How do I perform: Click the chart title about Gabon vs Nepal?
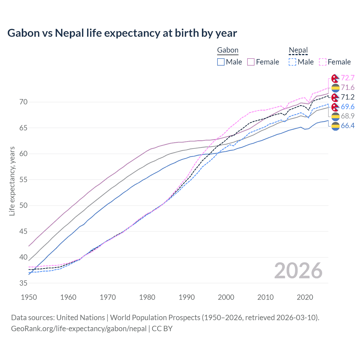(122, 33)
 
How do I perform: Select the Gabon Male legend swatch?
(221, 62)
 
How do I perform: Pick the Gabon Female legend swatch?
(251, 62)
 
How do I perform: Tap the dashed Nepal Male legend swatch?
(292, 62)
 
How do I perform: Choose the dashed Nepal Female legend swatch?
(323, 62)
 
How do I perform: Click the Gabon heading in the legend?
(228, 50)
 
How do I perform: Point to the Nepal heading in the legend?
(298, 50)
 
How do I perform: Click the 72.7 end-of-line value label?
(348, 78)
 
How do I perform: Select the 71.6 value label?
(348, 88)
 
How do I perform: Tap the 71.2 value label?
(348, 97)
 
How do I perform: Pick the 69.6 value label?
(348, 107)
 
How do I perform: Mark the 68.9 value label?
(348, 116)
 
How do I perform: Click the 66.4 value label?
(348, 126)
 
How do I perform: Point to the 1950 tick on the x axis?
(29, 297)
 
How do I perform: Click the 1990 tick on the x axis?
(187, 297)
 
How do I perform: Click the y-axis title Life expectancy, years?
(12, 181)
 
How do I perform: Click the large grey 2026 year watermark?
(298, 271)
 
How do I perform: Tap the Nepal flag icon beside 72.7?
(335, 78)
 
